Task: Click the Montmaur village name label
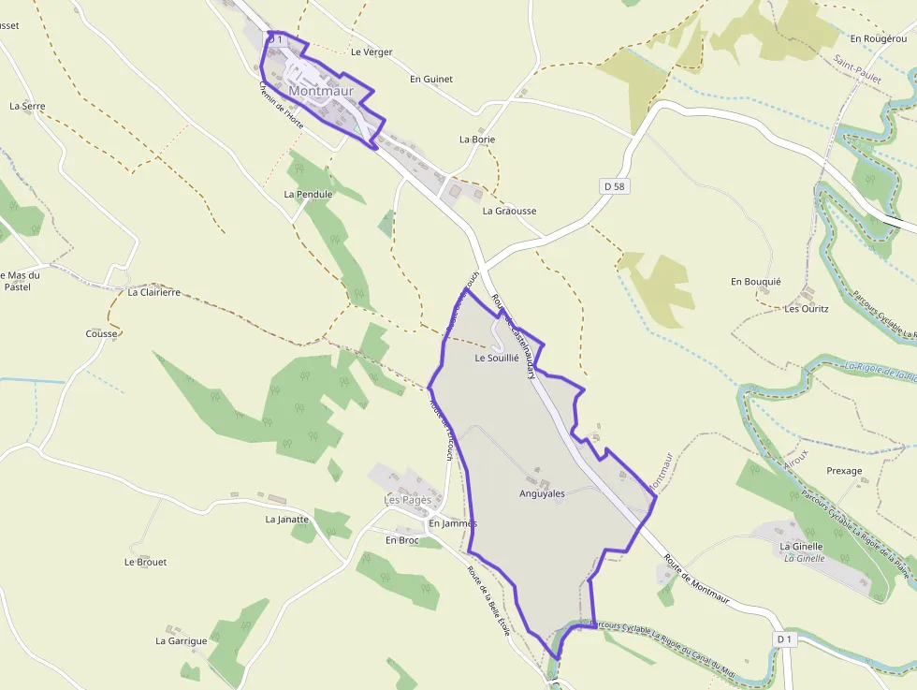[321, 91]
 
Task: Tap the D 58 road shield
[614, 186]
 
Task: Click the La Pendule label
[308, 195]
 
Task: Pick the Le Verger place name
[371, 52]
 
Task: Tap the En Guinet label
[430, 80]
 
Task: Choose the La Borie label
[476, 139]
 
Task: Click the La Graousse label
[509, 212]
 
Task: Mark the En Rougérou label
[879, 38]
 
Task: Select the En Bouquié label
[755, 282]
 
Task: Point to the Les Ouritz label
[807, 308]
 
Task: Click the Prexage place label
[844, 471]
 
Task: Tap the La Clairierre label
[153, 292]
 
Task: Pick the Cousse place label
[101, 334]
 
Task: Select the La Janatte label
[286, 519]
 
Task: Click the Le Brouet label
[145, 563]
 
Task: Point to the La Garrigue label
[181, 641]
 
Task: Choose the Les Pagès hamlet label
[408, 500]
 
